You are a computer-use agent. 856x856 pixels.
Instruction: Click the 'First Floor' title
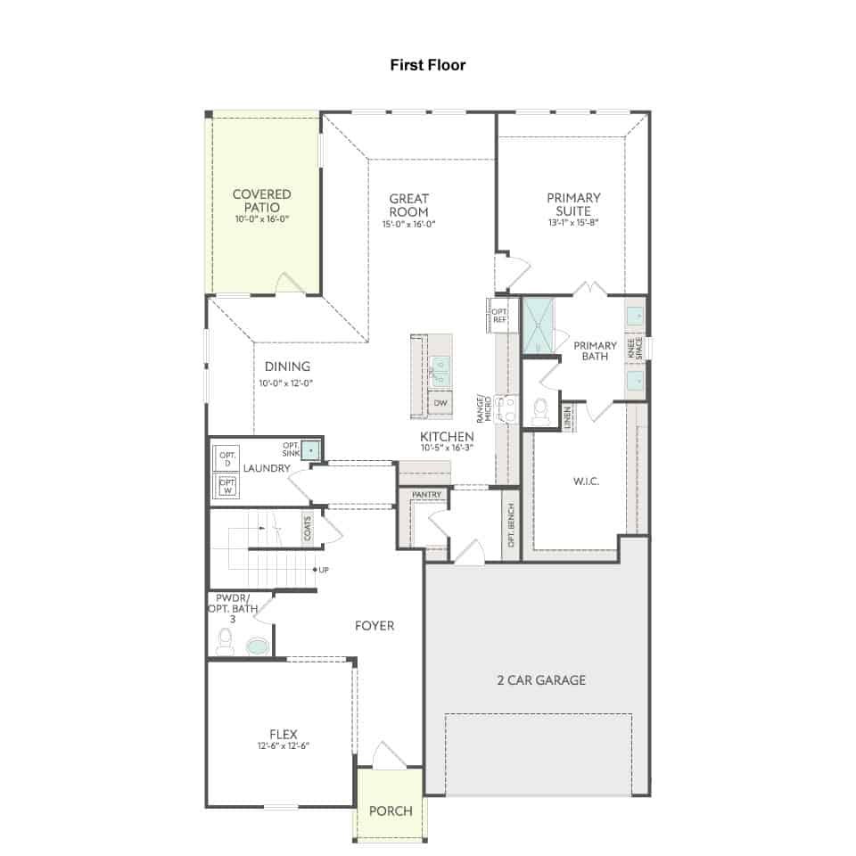click(x=427, y=65)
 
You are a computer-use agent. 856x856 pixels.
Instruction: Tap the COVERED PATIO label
click(x=262, y=201)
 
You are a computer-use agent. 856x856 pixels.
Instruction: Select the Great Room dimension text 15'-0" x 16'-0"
click(x=409, y=224)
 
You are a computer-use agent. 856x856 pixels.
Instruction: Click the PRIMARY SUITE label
click(x=573, y=204)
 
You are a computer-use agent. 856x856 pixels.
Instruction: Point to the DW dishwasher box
click(x=440, y=403)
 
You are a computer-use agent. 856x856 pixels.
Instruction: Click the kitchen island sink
click(x=440, y=371)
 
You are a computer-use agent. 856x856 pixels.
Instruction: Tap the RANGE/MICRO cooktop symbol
click(x=506, y=409)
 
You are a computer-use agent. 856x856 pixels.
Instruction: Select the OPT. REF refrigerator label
click(x=499, y=316)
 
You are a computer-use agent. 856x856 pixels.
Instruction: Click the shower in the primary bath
click(x=539, y=325)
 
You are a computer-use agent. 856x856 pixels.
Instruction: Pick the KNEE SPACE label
click(x=635, y=349)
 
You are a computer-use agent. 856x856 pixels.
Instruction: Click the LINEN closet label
click(x=567, y=418)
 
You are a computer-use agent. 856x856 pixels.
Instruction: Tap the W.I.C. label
click(x=587, y=481)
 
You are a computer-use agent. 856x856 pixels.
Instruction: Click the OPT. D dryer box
click(x=227, y=458)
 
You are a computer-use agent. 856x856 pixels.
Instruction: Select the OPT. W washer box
click(x=227, y=485)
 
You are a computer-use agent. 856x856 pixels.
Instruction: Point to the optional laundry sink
click(x=310, y=450)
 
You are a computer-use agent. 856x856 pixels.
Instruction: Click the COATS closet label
click(x=308, y=528)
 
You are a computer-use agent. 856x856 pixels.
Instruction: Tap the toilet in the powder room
click(x=225, y=642)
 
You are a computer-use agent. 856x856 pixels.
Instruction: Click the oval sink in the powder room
click(x=258, y=647)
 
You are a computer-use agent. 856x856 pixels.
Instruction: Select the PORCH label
click(x=391, y=811)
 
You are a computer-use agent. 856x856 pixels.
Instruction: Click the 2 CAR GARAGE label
click(x=541, y=679)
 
